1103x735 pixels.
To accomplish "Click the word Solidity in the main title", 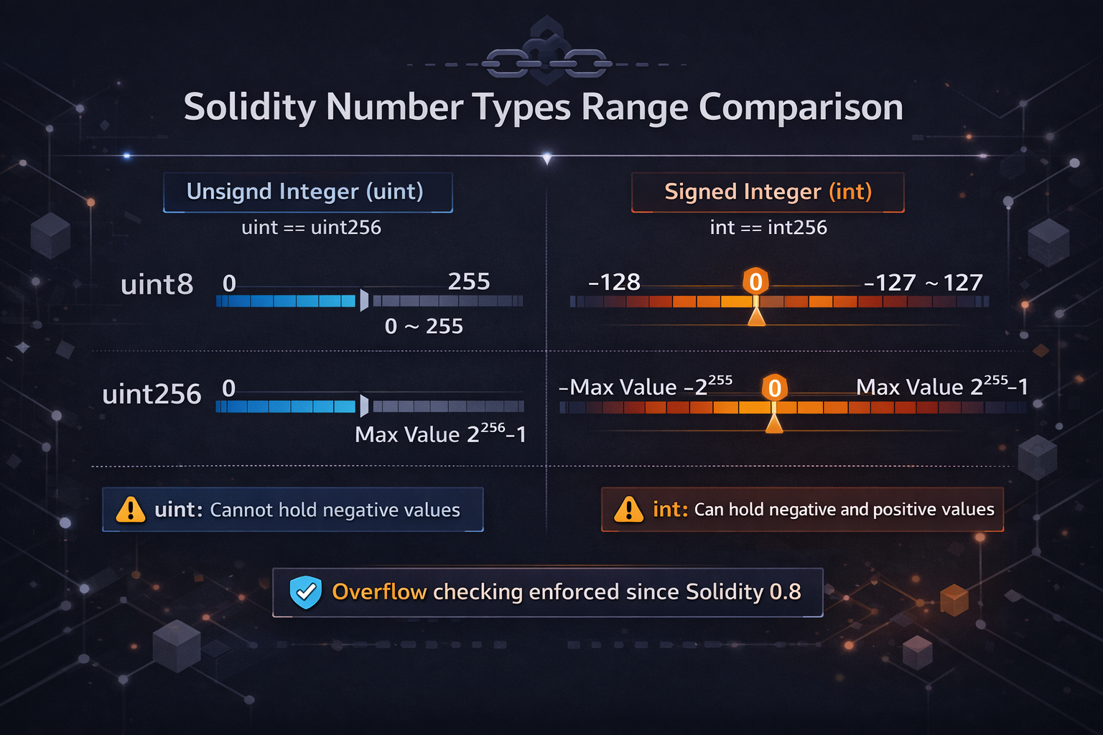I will [249, 108].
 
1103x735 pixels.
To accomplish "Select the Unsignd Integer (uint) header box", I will [307, 192].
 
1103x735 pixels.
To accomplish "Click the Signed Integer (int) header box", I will [768, 192].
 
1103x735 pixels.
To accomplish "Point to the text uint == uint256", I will [311, 228].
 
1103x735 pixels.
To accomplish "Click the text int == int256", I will [768, 228].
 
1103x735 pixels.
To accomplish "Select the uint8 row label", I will [157, 285].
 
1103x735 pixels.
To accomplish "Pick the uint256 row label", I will [152, 395].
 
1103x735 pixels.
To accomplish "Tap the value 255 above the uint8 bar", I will [469, 281].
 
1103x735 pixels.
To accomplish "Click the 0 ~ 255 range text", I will [424, 327].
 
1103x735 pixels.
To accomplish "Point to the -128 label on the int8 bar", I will [614, 282].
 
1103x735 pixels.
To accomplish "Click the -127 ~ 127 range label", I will [923, 283].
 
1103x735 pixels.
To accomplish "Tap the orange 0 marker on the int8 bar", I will [755, 281].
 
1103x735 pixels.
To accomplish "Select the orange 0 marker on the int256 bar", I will [774, 388].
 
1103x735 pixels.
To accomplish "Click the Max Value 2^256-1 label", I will [440, 434].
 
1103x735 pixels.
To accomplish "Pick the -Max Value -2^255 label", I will [646, 387].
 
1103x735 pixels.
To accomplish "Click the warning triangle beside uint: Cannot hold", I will [131, 510].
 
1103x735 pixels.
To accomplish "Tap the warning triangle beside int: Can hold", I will [629, 510].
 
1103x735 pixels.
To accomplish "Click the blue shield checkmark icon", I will [305, 592].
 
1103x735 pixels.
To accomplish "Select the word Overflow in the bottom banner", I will [379, 592].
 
